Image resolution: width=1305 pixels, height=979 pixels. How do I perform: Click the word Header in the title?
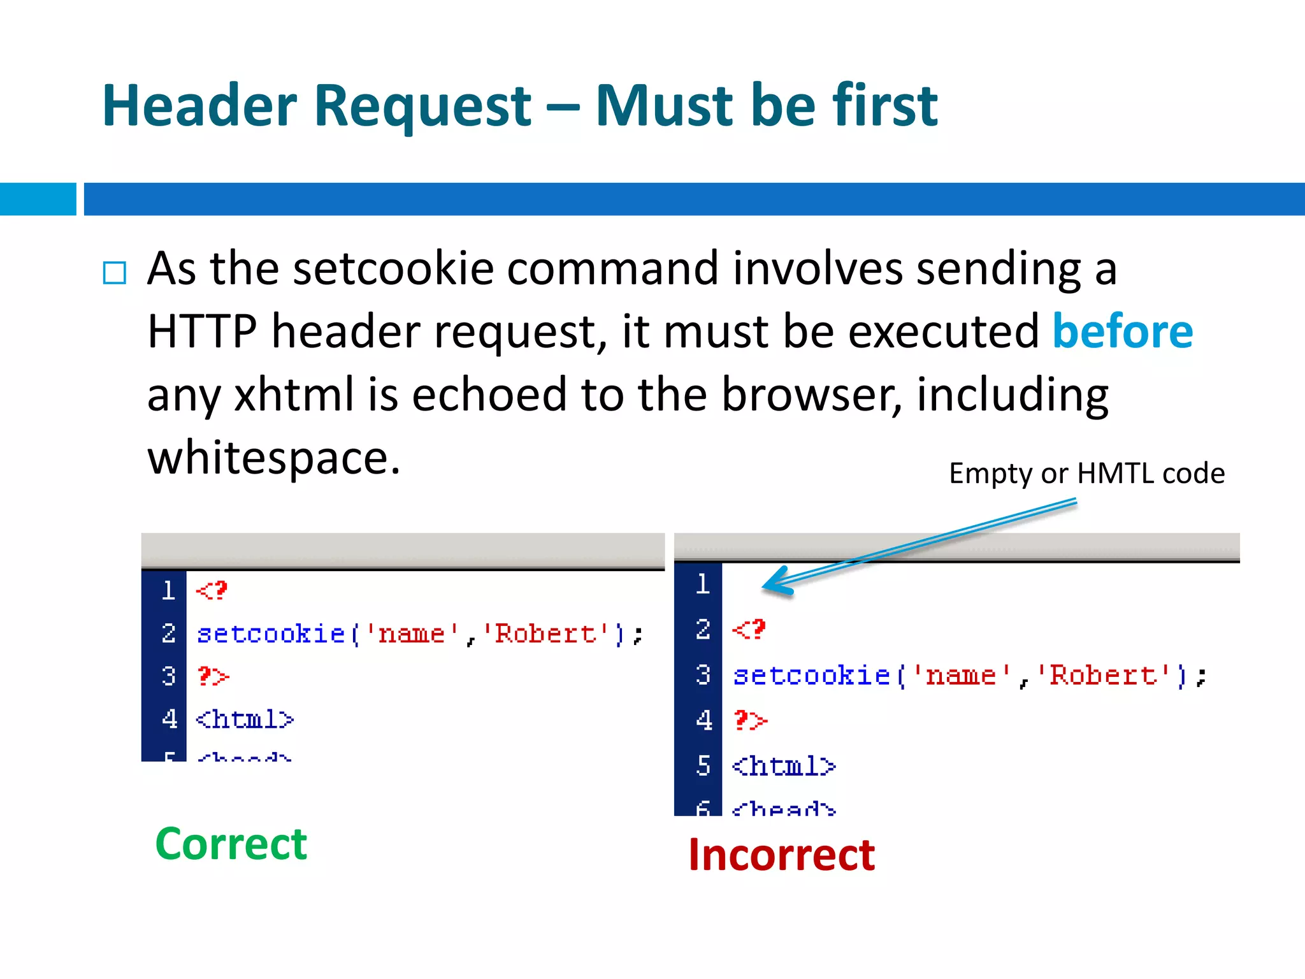coord(199,106)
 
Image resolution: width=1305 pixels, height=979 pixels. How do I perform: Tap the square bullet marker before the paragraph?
coord(115,273)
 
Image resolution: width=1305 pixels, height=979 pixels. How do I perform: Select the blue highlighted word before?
coord(1122,331)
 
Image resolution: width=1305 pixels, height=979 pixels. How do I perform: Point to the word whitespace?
coord(273,458)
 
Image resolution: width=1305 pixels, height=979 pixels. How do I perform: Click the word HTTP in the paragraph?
coord(202,331)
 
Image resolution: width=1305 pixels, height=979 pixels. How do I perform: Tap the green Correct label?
coord(231,844)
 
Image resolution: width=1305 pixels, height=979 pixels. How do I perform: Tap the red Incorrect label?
coord(781,855)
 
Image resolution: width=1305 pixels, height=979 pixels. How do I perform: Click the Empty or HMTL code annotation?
coord(1086,474)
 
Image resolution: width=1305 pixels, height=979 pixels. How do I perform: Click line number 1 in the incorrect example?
coord(702,584)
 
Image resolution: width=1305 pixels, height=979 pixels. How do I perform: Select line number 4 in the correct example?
coord(169,719)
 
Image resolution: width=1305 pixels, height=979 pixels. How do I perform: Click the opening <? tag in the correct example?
coord(212,591)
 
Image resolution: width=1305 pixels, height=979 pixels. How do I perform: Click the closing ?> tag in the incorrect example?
coord(751,721)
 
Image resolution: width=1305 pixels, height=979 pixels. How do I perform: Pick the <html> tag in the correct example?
coord(245,720)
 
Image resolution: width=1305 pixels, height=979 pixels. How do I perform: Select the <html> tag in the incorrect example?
coord(783,765)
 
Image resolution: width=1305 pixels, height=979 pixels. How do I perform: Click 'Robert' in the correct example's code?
coord(545,634)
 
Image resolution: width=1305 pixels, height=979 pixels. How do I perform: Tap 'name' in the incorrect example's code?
coord(961,676)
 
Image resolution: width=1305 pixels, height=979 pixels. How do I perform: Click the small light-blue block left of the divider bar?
coord(38,199)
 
